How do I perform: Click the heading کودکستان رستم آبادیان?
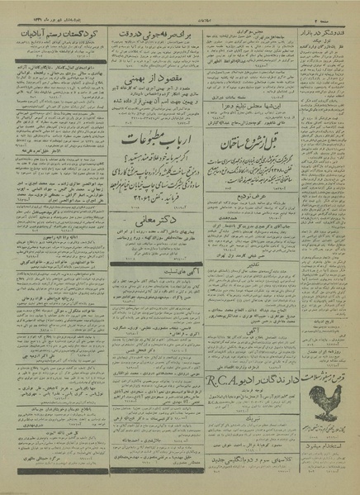pyautogui.click(x=57, y=32)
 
